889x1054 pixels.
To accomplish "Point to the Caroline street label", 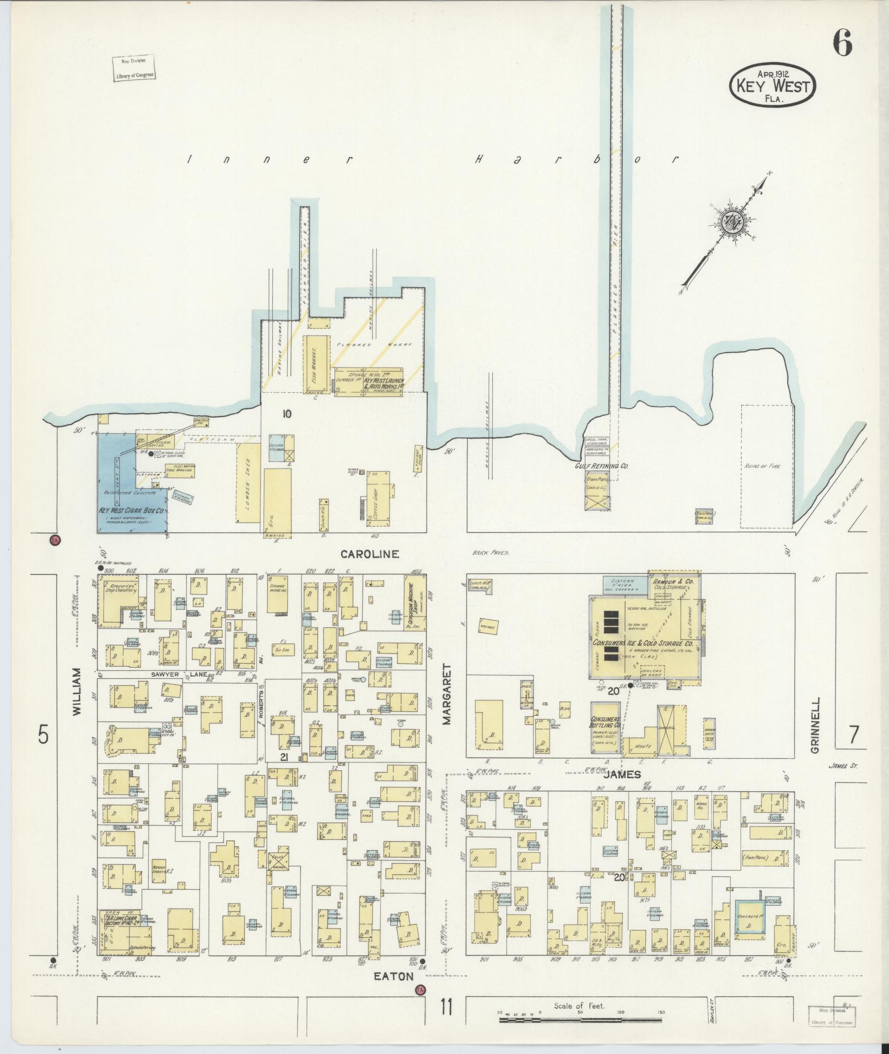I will click(x=369, y=554).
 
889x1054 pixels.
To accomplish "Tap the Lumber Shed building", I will click(x=248, y=483).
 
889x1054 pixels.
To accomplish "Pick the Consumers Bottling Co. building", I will click(x=606, y=728).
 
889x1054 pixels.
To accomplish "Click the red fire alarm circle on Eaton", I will click(x=421, y=990).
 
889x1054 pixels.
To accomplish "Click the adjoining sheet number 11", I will click(x=446, y=1008).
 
